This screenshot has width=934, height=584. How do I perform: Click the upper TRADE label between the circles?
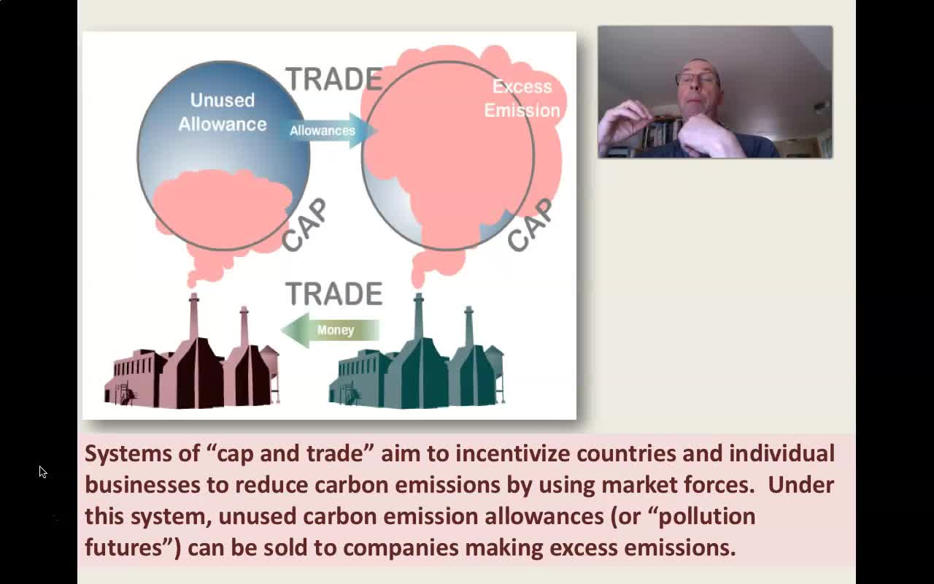[x=334, y=79]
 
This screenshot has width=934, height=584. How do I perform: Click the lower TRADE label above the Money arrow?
[x=334, y=293]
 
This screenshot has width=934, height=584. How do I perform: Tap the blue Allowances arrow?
[x=328, y=131]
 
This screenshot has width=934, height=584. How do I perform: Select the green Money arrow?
[x=331, y=330]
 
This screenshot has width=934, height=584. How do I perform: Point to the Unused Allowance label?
[x=223, y=112]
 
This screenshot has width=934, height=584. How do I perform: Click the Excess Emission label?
[x=522, y=99]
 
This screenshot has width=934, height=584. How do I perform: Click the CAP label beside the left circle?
[x=304, y=226]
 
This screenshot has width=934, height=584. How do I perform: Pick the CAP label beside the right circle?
[x=530, y=226]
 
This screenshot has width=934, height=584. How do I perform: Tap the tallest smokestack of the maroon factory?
[x=193, y=317]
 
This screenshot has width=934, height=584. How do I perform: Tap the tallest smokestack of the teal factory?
[x=419, y=317]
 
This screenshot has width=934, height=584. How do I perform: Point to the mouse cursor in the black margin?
[x=43, y=472]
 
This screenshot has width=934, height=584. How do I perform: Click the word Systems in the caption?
[x=128, y=454]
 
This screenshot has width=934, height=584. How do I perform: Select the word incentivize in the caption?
[x=512, y=454]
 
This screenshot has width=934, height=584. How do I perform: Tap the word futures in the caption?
[x=123, y=547]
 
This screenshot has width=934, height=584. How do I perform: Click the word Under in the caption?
[x=800, y=485]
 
